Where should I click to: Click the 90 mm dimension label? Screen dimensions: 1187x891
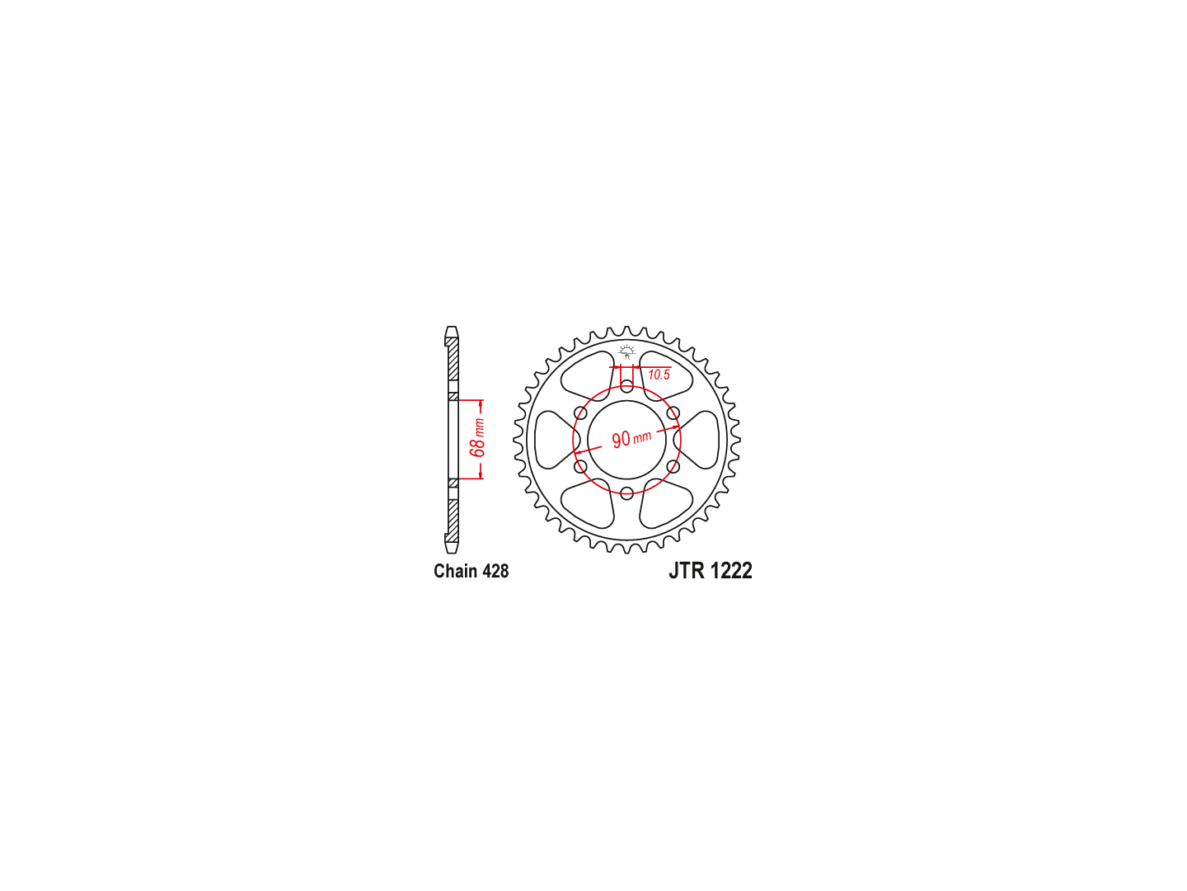click(631, 437)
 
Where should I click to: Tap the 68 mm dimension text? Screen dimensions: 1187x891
click(477, 437)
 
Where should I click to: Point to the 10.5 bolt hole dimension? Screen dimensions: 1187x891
click(659, 375)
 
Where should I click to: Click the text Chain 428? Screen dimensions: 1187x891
click(471, 571)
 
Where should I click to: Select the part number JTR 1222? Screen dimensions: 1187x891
click(710, 571)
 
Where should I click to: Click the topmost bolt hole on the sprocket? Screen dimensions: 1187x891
click(626, 386)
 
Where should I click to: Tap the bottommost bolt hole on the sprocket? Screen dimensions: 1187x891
click(626, 493)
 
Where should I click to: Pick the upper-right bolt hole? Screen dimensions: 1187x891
click(673, 413)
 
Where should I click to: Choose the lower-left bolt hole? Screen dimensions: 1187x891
click(581, 466)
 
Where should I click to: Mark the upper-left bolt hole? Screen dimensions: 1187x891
click(581, 413)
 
